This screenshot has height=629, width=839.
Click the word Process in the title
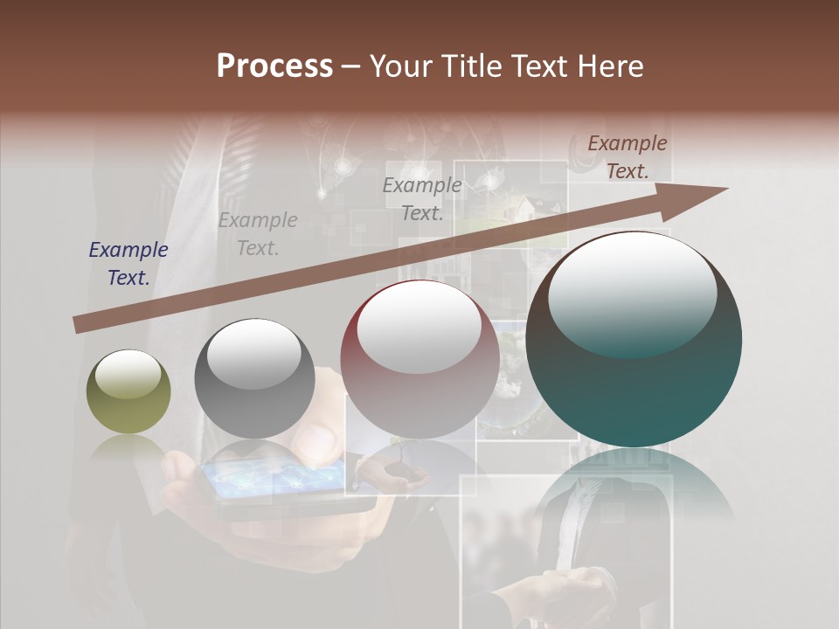[274, 66]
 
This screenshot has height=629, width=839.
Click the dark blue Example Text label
[128, 264]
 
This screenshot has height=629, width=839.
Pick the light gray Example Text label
[258, 234]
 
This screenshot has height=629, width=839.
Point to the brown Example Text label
[628, 157]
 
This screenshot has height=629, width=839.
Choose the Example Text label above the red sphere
[422, 198]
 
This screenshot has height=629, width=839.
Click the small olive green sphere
[128, 391]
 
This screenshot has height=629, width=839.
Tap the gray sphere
[254, 378]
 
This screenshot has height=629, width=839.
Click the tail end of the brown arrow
[79, 325]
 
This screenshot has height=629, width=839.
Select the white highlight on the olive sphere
[128, 374]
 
